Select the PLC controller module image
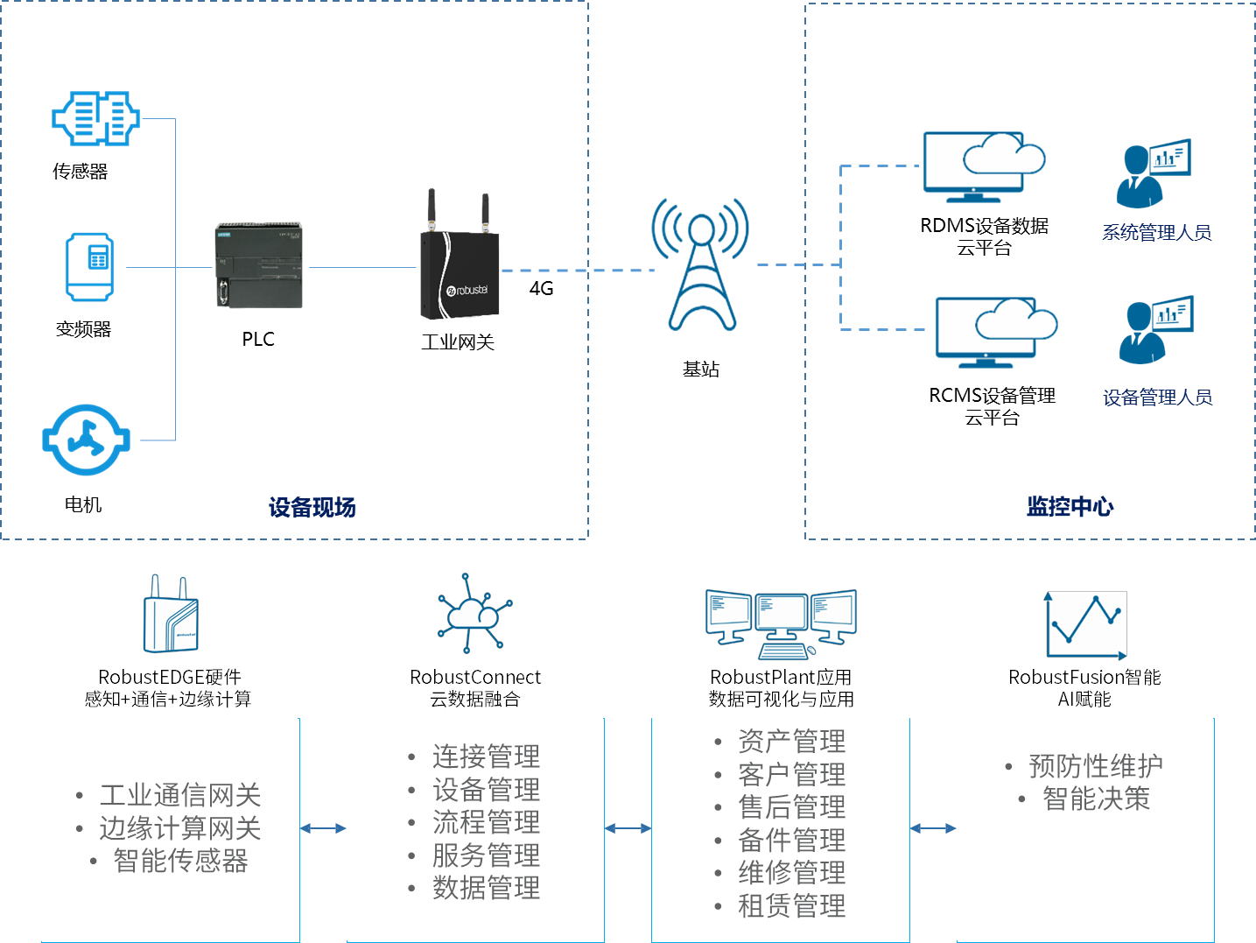[x=259, y=265]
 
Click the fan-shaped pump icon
[x=86, y=440]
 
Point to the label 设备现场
[x=312, y=508]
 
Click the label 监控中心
[x=1070, y=506]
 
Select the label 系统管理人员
[x=1156, y=233]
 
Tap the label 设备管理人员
[x=1157, y=398]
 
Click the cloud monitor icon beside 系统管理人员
[x=986, y=163]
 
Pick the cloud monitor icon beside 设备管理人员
[x=998, y=327]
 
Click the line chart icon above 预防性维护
[x=1086, y=625]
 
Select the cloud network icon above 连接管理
[x=473, y=614]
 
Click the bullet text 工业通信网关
[x=180, y=795]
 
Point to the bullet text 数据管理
[x=486, y=888]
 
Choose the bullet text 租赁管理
[x=791, y=905]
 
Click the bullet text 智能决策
[x=1096, y=799]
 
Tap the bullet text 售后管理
[x=791, y=806]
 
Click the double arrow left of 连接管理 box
[x=322, y=828]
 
